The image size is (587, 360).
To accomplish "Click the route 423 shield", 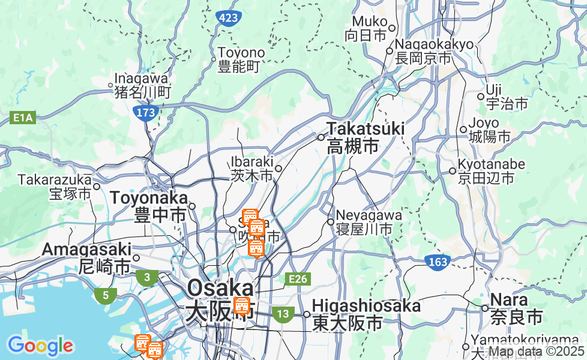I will [229, 18].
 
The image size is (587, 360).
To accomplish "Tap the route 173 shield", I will [146, 112].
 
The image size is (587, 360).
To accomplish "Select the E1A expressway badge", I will [23, 119].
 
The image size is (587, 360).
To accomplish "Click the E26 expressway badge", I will [298, 278].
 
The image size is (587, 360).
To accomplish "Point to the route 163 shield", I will [438, 262].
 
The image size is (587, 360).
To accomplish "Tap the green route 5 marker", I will [106, 295].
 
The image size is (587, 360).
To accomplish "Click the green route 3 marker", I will [146, 277].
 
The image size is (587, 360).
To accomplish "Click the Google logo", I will [40, 346].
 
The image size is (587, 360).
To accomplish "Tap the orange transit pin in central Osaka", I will [242, 306].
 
